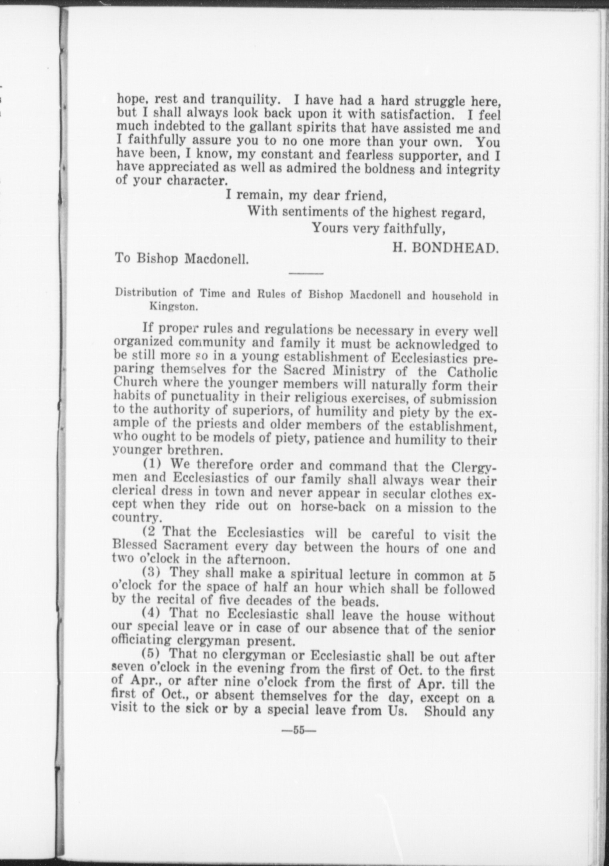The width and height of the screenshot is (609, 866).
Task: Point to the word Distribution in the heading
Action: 146,292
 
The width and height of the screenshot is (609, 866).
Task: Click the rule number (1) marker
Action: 152,463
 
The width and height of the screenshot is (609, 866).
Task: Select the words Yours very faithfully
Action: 379,229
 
